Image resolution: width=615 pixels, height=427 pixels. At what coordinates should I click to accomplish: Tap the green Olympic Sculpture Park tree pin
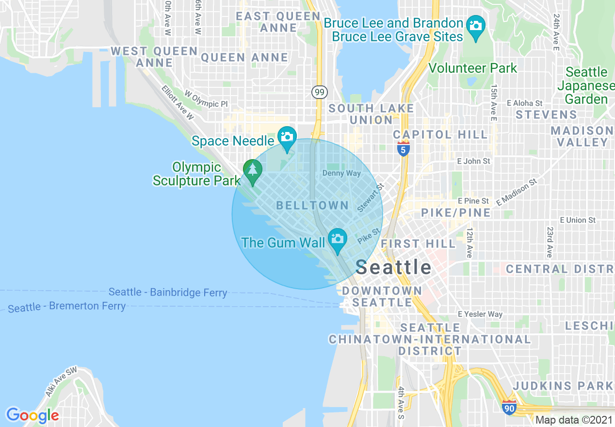pos(252,170)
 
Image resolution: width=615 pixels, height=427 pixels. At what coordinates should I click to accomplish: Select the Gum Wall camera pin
pos(337,239)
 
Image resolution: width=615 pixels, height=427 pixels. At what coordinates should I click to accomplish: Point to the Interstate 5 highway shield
pos(403,148)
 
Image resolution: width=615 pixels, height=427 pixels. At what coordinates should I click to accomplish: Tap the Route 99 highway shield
pos(320,92)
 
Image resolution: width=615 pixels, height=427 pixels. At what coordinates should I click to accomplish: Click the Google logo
pos(32,415)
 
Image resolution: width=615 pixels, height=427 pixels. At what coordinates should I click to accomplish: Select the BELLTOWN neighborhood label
pos(312,205)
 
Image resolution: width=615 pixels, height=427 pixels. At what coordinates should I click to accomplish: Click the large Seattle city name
pos(393,267)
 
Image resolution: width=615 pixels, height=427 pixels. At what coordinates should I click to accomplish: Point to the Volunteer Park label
pos(472,68)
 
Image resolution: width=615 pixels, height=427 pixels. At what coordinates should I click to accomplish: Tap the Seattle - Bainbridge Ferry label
pos(168,292)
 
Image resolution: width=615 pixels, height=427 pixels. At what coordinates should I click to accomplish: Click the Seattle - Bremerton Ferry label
pos(67,307)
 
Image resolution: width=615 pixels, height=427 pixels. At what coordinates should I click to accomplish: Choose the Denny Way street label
pos(341,173)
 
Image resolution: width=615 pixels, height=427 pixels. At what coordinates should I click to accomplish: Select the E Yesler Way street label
pos(480,314)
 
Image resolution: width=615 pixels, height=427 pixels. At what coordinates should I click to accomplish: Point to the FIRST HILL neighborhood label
pos(418,243)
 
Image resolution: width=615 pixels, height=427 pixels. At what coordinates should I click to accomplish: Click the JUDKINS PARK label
pos(563,386)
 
